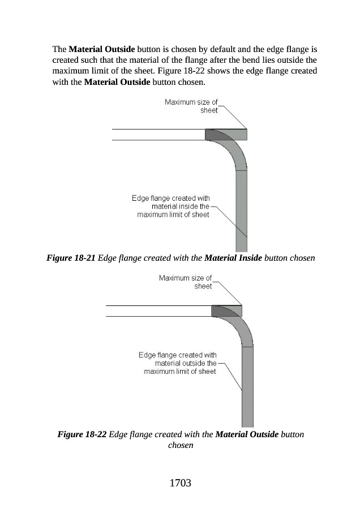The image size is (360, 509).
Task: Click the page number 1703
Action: coord(180,483)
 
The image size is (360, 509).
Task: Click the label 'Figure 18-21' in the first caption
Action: coord(71,258)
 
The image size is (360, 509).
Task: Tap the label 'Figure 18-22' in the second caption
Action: coord(82,434)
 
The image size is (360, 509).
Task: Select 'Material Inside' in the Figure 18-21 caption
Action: coord(233,258)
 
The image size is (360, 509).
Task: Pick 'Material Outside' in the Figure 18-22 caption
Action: coord(247,434)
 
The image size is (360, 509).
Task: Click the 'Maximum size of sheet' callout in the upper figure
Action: coord(191,106)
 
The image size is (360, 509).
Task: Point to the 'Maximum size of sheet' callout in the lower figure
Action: coord(185,282)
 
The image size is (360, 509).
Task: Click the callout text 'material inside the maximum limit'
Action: coord(170,206)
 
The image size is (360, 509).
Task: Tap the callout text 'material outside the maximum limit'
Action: coord(178,363)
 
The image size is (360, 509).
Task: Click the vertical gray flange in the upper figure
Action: coord(241,209)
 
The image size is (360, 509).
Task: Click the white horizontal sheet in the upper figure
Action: coord(158,134)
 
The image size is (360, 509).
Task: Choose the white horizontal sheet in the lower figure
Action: coord(158,310)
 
